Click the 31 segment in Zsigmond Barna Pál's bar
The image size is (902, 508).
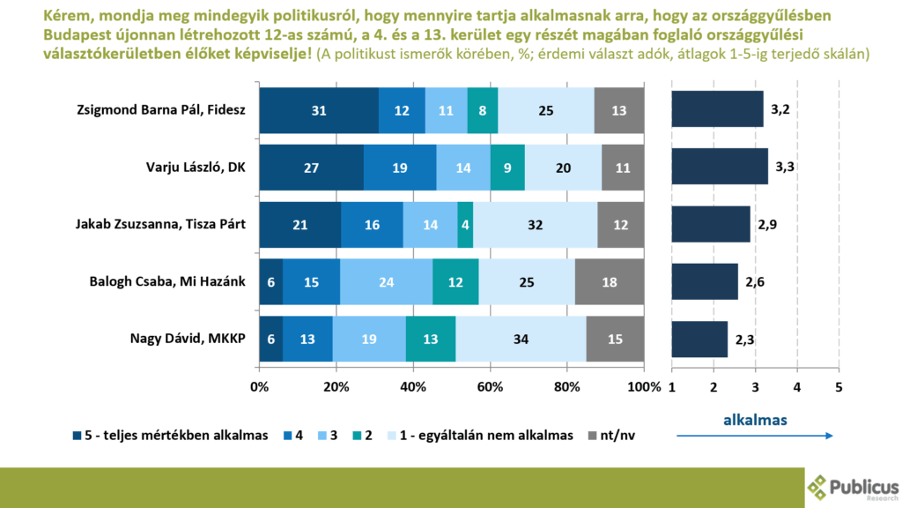click(319, 109)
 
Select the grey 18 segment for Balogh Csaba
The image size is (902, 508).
click(610, 281)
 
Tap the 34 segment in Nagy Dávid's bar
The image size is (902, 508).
click(521, 339)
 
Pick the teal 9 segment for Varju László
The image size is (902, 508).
click(507, 167)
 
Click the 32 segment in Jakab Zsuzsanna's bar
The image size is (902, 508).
click(535, 224)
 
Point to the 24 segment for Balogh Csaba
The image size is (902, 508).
click(386, 281)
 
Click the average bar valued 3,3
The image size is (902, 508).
click(719, 167)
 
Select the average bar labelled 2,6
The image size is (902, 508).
click(705, 281)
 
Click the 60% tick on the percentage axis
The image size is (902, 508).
click(490, 387)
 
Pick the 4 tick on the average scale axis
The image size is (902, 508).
click(796, 387)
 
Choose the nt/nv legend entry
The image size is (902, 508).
click(618, 435)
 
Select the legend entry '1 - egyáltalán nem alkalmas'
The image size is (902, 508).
click(481, 435)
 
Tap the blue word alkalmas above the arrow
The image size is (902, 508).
click(755, 420)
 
